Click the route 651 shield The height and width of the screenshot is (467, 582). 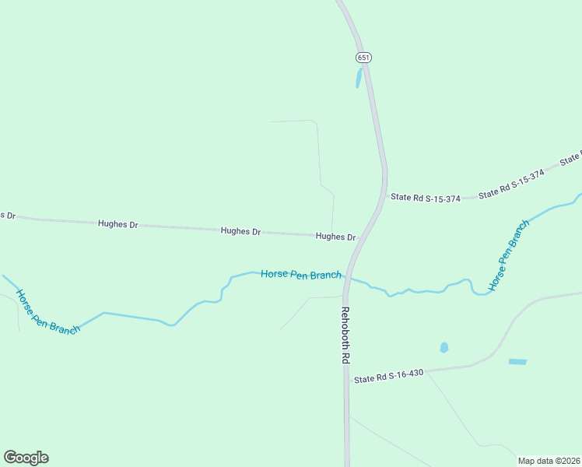pos(363,58)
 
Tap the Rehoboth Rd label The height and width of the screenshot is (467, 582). pos(345,335)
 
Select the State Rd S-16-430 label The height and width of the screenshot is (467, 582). pos(388,376)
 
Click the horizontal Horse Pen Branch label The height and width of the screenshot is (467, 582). pos(300,274)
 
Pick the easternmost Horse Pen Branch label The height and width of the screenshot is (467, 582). pos(508,255)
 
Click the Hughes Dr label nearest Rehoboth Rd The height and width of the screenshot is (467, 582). pos(335,237)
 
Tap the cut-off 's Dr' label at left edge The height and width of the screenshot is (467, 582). pos(8,215)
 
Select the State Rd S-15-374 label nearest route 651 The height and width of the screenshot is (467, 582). pos(425,198)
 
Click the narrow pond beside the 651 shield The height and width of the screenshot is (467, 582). pos(359,78)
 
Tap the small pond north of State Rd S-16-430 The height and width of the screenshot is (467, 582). pos(444,348)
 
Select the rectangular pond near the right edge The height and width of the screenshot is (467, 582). pos(517,362)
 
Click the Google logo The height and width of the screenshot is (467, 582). pos(26,458)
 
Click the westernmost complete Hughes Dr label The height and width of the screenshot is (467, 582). pos(117,224)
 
